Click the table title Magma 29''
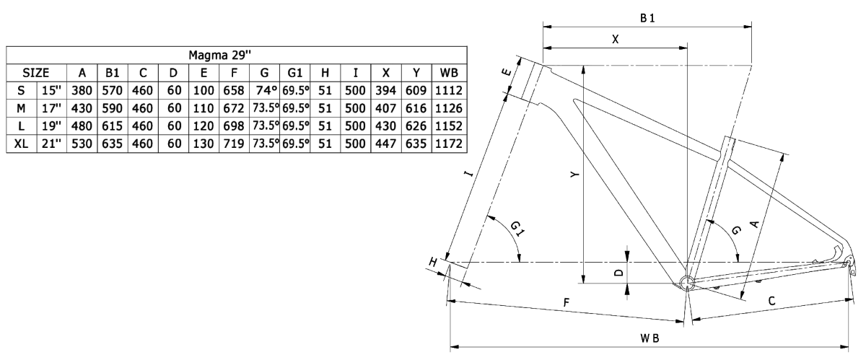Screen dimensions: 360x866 235,56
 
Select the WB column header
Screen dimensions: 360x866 447,73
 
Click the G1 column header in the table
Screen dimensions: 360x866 294,73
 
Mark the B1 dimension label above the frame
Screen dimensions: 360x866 647,17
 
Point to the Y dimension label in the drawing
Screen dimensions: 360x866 572,175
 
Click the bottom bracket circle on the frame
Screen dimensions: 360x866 686,281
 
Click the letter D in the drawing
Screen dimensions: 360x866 618,273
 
